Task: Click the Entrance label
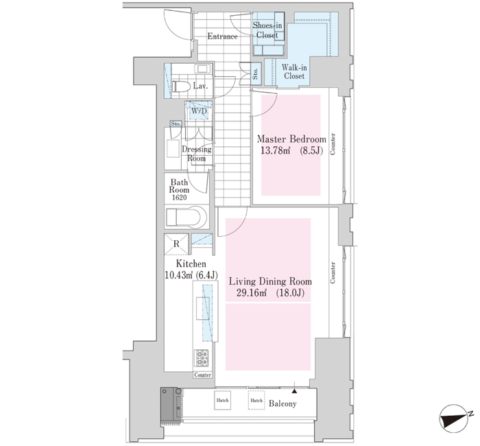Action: tap(222, 36)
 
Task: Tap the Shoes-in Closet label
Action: tap(267, 30)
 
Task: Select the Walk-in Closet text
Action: tap(294, 71)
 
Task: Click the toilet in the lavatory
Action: tap(180, 86)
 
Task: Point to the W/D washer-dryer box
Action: tap(199, 111)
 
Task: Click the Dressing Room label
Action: tap(197, 154)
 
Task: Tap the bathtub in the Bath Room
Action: tap(186, 217)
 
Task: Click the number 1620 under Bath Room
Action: tap(179, 198)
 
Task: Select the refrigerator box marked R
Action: tap(176, 244)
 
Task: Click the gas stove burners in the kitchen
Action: tap(201, 358)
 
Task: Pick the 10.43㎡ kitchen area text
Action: tap(179, 275)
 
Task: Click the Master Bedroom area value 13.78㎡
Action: tap(275, 150)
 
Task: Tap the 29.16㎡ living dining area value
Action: tap(252, 293)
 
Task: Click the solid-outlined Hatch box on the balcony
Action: tap(223, 400)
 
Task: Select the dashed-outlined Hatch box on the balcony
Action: tap(256, 400)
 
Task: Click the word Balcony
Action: tap(283, 403)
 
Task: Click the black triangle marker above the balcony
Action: tap(294, 391)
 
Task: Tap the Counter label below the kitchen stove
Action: tap(202, 375)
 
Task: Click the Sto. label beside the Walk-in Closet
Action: tap(256, 74)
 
